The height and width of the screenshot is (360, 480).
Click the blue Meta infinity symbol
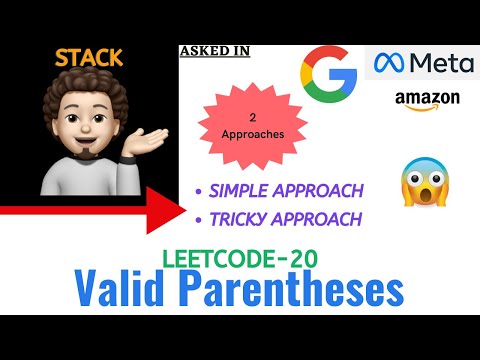point(390,64)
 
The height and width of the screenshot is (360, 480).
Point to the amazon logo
point(427,101)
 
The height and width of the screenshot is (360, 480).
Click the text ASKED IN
point(215,51)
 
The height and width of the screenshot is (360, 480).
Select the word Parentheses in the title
point(300,290)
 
